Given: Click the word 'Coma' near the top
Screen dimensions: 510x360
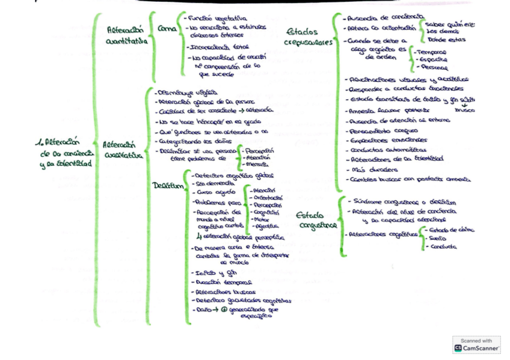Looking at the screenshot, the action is tap(167, 28).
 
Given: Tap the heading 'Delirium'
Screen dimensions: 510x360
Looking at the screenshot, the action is tap(168, 186).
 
